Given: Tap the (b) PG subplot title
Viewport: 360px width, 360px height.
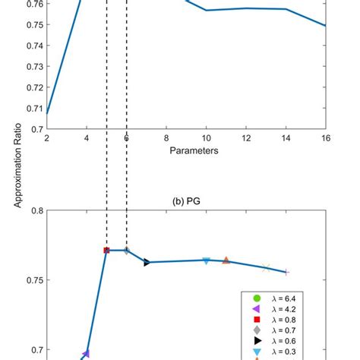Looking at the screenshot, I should [186, 201].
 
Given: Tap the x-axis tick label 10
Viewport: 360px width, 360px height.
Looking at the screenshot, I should [206, 138].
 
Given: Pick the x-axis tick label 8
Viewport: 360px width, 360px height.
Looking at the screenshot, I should [166, 138].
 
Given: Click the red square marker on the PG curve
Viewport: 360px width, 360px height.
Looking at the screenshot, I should [106, 250].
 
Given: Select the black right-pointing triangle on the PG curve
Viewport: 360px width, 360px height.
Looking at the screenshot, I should [147, 262].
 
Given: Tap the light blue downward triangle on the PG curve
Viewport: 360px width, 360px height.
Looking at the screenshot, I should [206, 261].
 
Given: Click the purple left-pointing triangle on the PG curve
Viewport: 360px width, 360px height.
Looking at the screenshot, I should [86, 353].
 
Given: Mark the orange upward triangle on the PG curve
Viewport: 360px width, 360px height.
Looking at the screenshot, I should [226, 261].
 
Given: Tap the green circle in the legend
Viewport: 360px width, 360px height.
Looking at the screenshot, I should [257, 297].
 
